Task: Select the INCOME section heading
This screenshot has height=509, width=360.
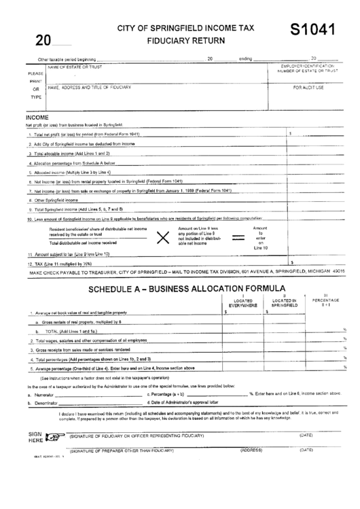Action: click(x=37, y=118)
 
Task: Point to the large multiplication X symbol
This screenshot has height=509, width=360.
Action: click(x=163, y=237)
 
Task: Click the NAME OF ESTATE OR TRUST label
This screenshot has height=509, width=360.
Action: click(x=75, y=67)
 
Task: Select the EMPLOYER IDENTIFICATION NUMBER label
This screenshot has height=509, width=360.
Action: click(x=308, y=68)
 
